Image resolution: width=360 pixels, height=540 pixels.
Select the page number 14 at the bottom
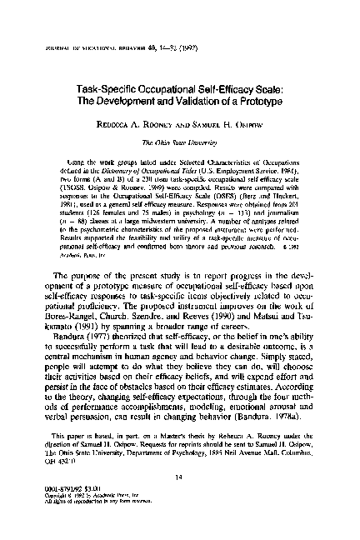tap(180, 478)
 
